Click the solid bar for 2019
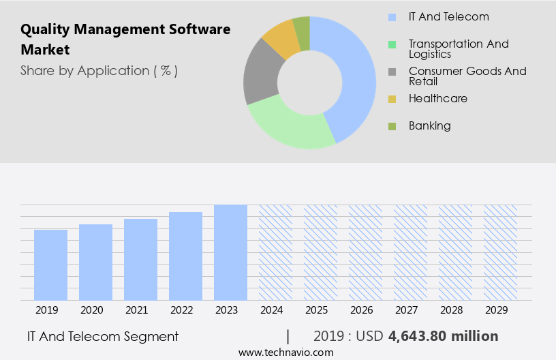point(51,265)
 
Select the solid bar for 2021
point(141,259)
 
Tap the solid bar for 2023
point(230,252)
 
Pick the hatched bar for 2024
point(275,252)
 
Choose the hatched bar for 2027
point(410,252)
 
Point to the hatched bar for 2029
point(500,252)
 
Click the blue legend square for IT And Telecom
point(392,17)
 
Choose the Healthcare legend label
point(438,98)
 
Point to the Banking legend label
point(430,125)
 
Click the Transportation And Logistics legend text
point(459,49)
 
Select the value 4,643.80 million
point(444,336)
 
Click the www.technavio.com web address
point(286,352)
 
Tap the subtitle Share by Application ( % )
point(99,70)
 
